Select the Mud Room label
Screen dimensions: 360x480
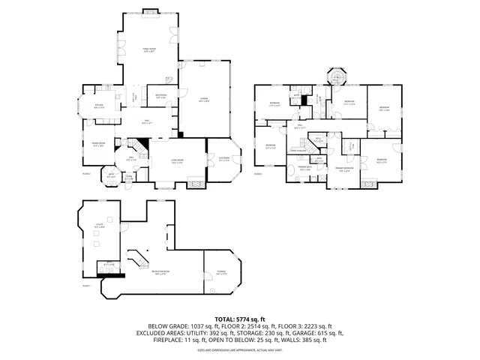pos(160,96)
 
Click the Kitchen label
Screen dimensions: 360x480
pos(98,106)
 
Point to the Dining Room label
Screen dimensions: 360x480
pos(97,144)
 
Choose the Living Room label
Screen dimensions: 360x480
pos(178,162)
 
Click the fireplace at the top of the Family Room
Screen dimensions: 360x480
pos(149,11)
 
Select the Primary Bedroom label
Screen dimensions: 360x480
pos(345,169)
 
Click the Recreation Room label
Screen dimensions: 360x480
pos(160,274)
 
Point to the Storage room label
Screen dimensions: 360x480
pos(220,274)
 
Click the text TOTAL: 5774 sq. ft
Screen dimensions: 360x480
pos(240,319)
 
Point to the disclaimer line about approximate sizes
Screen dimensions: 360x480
pos(240,349)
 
